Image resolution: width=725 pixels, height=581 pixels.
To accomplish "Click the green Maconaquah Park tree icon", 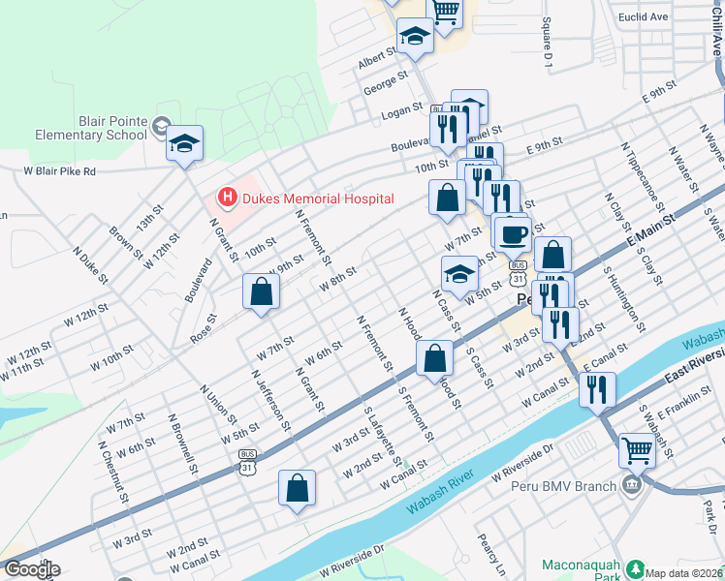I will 635,568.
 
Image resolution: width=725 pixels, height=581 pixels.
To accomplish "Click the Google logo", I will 31,569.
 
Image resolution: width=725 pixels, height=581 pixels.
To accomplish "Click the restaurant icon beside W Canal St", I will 597,389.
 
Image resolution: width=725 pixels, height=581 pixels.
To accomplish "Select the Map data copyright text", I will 683,573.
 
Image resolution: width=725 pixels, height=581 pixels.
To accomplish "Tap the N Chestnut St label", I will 113,474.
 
